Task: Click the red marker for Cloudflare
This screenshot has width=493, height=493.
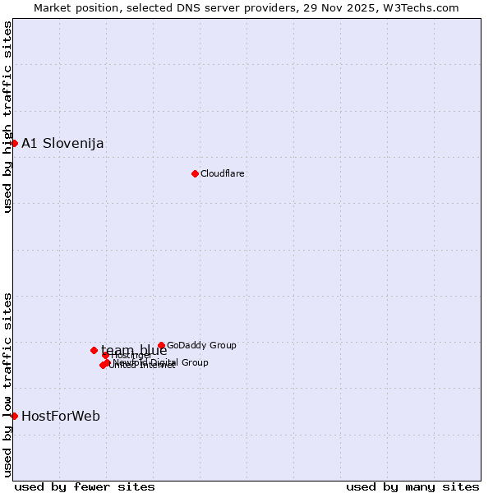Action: [195, 173]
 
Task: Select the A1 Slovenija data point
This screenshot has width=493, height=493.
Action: [14, 143]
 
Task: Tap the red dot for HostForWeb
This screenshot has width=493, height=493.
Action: [14, 416]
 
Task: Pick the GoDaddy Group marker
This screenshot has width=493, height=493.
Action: [161, 346]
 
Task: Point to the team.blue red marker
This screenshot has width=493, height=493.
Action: [94, 350]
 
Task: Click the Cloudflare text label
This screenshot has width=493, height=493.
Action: [223, 173]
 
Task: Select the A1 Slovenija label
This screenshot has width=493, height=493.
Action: [62, 144]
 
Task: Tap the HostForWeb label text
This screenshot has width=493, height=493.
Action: [61, 417]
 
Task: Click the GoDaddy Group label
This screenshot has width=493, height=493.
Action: [201, 346]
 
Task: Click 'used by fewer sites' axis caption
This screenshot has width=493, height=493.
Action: [85, 486]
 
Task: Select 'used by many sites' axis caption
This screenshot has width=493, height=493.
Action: [412, 486]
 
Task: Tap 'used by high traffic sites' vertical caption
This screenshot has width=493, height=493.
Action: [8, 117]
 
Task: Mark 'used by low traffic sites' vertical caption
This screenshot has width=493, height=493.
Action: [8, 385]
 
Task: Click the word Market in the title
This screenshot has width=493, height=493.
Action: [53, 8]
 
